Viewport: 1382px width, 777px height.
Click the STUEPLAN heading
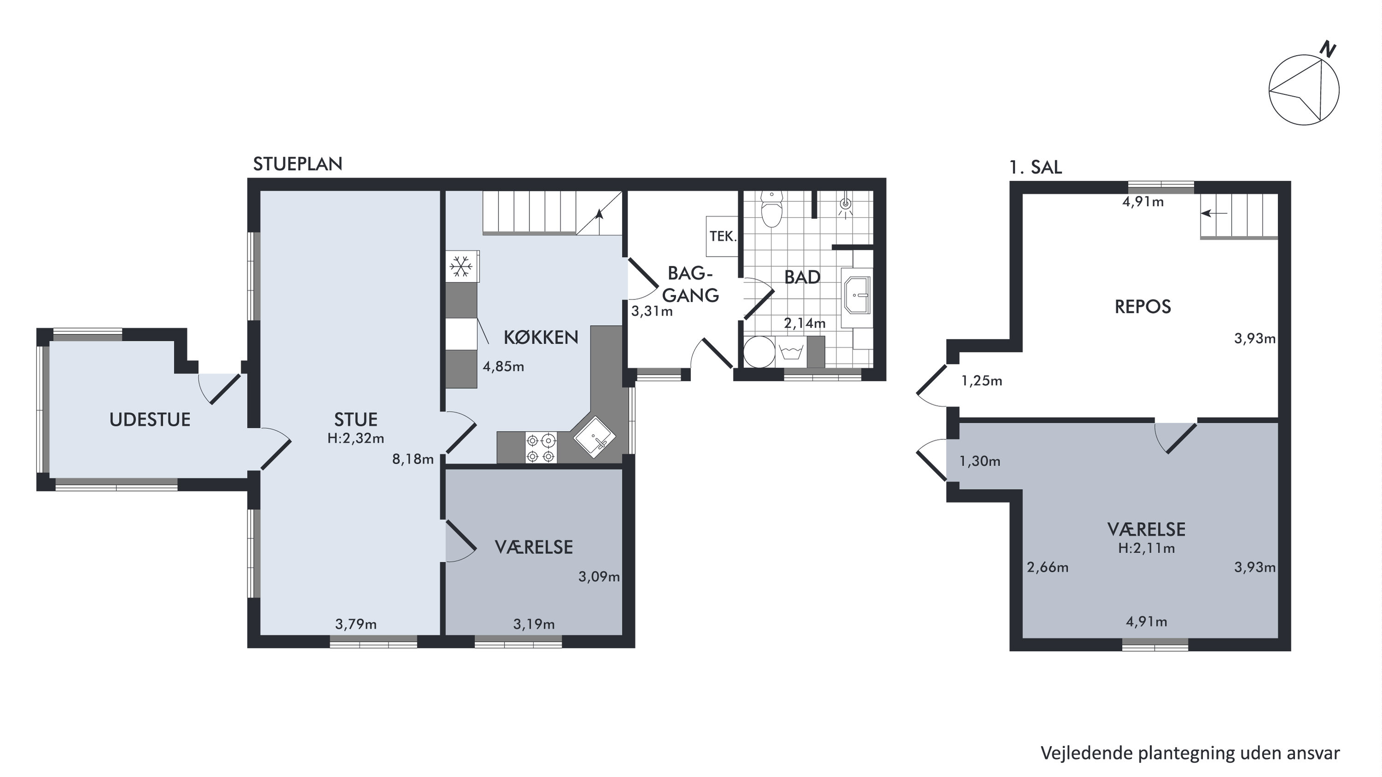coord(298,164)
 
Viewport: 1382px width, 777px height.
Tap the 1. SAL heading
coord(1035,167)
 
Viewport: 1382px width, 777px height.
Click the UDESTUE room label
coord(150,419)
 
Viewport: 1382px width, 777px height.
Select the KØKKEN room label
coord(541,337)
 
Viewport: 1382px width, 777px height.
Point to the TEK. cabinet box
coord(722,236)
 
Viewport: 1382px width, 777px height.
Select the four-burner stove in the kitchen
coord(541,448)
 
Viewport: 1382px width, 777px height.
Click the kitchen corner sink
coord(594,437)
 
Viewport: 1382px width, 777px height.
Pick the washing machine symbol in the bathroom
coord(791,352)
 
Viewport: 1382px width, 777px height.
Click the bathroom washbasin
coord(857,294)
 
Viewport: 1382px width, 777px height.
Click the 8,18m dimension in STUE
coord(412,459)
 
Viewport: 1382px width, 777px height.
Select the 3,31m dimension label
coord(652,311)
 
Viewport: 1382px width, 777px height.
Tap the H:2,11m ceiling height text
coord(1147,548)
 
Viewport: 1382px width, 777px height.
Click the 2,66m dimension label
coord(1048,567)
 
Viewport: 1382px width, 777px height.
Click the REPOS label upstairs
coord(1143,307)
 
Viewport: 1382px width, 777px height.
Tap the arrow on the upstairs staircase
coord(1214,213)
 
